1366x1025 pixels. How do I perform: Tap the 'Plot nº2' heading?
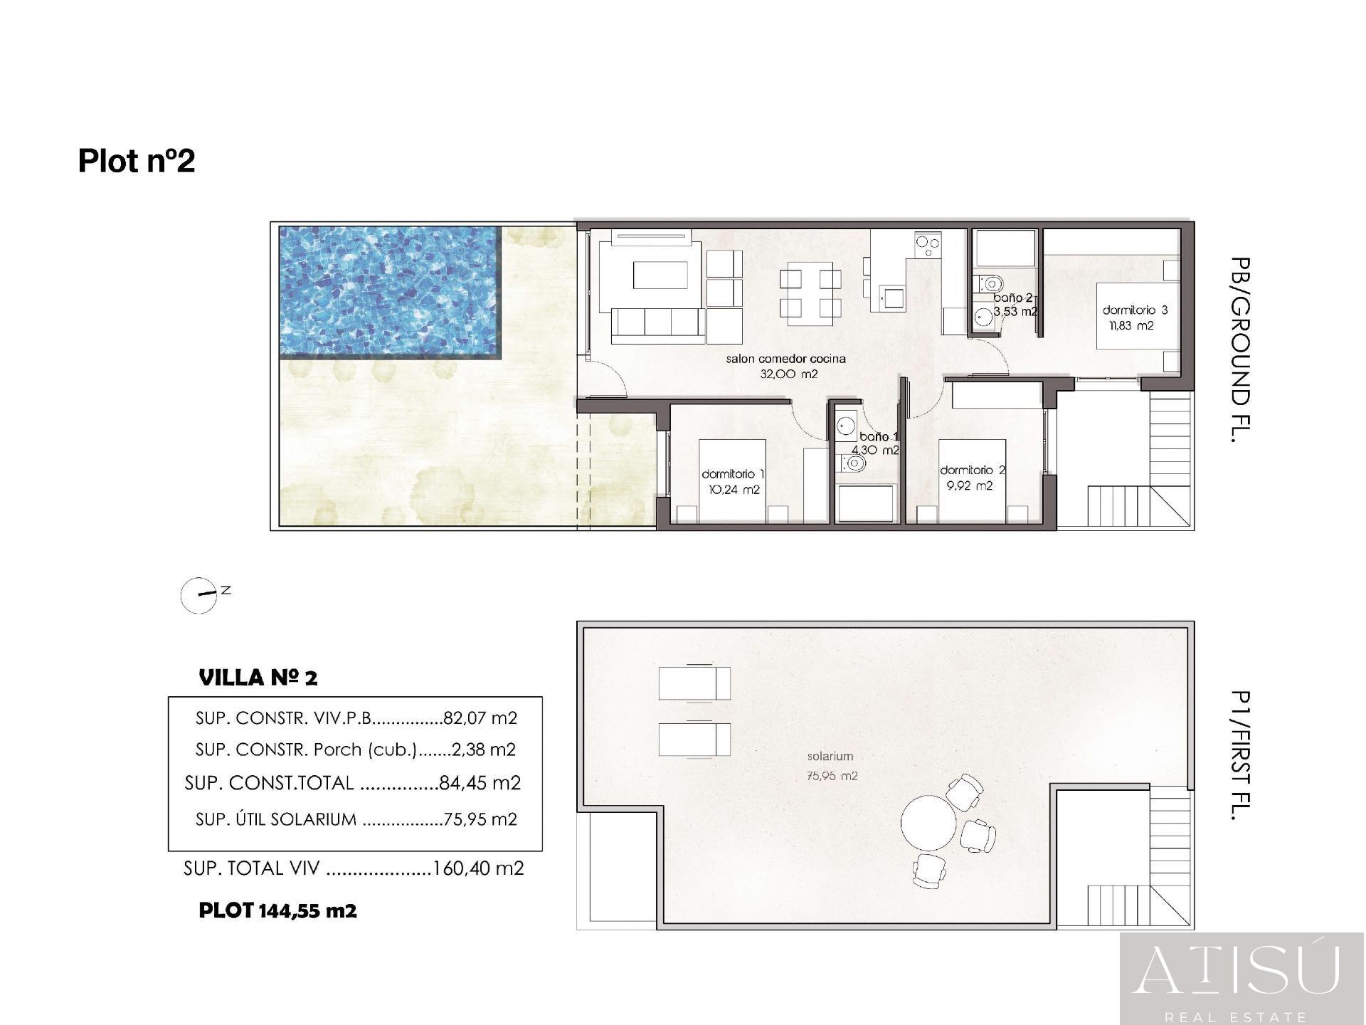tap(137, 161)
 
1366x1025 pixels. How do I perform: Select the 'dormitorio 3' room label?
tap(1135, 310)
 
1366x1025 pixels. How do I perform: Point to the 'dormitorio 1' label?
tap(733, 474)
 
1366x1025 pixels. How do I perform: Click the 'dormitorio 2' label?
tap(972, 471)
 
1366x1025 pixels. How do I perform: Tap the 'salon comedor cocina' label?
tap(785, 359)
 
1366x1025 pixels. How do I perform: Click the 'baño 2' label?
tap(1012, 298)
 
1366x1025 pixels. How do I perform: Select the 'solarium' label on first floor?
tap(830, 757)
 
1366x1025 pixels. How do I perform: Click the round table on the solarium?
tap(928, 821)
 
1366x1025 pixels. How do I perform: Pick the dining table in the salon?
tap(810, 293)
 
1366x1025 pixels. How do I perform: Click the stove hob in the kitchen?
tap(927, 246)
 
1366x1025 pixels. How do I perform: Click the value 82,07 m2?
tap(480, 718)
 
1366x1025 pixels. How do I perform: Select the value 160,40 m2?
tap(478, 868)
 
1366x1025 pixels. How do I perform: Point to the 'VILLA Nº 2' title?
tap(258, 678)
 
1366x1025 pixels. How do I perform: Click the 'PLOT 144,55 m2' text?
tap(277, 910)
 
